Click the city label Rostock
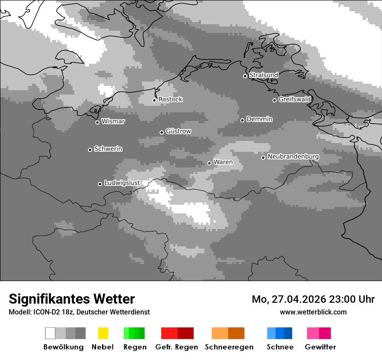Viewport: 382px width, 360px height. [x=171, y=99]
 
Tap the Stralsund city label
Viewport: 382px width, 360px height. [x=263, y=75]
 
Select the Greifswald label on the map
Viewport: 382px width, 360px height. [x=294, y=99]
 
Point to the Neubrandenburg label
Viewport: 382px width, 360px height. [x=293, y=157]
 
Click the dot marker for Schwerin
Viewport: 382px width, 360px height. [x=90, y=150]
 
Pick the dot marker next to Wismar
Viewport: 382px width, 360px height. [x=97, y=122]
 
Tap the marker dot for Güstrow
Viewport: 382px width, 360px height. [x=161, y=132]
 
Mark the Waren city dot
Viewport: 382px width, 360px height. [x=209, y=163]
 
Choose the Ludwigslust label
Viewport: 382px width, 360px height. [x=122, y=183]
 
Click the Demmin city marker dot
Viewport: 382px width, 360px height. [x=242, y=120]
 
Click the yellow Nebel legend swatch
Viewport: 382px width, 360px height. [x=103, y=333]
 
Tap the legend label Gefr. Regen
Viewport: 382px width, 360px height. [x=177, y=347]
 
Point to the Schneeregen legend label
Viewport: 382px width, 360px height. [x=229, y=347]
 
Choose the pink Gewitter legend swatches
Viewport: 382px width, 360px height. [x=319, y=333]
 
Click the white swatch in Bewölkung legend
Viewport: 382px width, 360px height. [x=50, y=333]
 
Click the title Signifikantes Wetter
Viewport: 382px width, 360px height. [x=72, y=299]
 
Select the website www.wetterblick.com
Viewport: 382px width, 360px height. [x=313, y=312]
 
